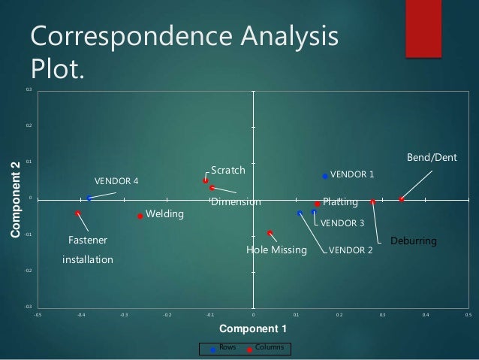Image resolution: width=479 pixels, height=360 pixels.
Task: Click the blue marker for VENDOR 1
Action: [x=325, y=176]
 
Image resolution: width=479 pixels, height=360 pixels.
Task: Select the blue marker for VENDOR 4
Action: [x=89, y=198]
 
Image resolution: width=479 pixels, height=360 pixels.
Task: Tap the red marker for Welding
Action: [x=140, y=216]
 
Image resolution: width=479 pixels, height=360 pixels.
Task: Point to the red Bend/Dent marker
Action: [x=402, y=199]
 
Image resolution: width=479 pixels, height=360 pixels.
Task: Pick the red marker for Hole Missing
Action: [x=270, y=233]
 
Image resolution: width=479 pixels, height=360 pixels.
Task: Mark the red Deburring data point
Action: [x=373, y=201]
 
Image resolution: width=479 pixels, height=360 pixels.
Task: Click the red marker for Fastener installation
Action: [x=78, y=213]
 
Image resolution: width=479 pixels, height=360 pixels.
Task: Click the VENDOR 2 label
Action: [x=351, y=250]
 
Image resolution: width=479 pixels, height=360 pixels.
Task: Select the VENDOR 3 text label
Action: [x=342, y=223]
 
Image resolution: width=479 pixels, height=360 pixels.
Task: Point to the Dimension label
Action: [x=236, y=202]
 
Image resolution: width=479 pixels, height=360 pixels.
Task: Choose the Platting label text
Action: [x=340, y=202]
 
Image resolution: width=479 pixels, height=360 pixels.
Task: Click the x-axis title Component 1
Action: [x=252, y=328]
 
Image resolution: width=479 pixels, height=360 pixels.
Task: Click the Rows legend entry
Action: [x=225, y=348]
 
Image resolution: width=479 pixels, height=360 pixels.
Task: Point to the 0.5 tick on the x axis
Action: [x=468, y=316]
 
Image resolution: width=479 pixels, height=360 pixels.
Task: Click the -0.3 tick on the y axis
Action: [x=29, y=307]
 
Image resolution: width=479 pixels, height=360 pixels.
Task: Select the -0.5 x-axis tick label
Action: [x=38, y=316]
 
